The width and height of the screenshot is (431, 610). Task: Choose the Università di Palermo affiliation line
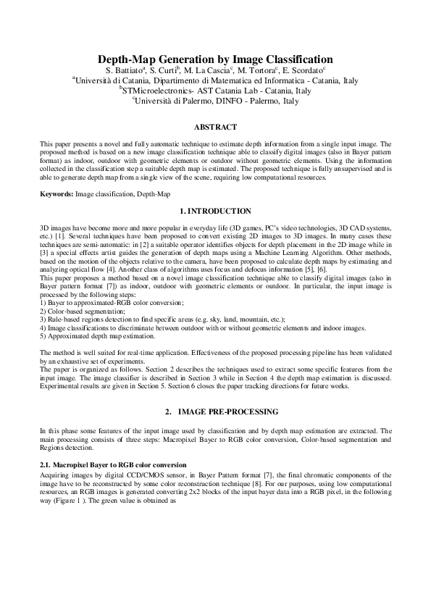(215, 101)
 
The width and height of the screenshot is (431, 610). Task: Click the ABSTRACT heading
(215, 127)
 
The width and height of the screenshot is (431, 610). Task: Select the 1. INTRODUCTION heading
(215, 209)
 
